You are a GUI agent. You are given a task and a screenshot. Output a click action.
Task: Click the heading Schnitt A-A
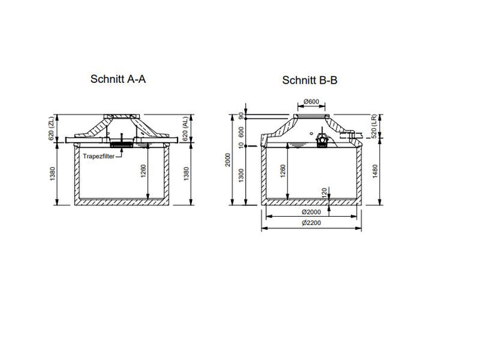pyautogui.click(x=118, y=78)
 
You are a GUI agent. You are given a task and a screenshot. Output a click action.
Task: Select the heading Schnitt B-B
pyautogui.click(x=309, y=80)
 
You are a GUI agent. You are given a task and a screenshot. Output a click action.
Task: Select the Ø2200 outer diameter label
pyautogui.click(x=311, y=225)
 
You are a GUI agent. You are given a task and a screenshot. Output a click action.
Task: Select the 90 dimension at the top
pyautogui.click(x=241, y=116)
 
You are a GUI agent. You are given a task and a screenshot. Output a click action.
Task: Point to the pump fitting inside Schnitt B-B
pyautogui.click(x=322, y=140)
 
